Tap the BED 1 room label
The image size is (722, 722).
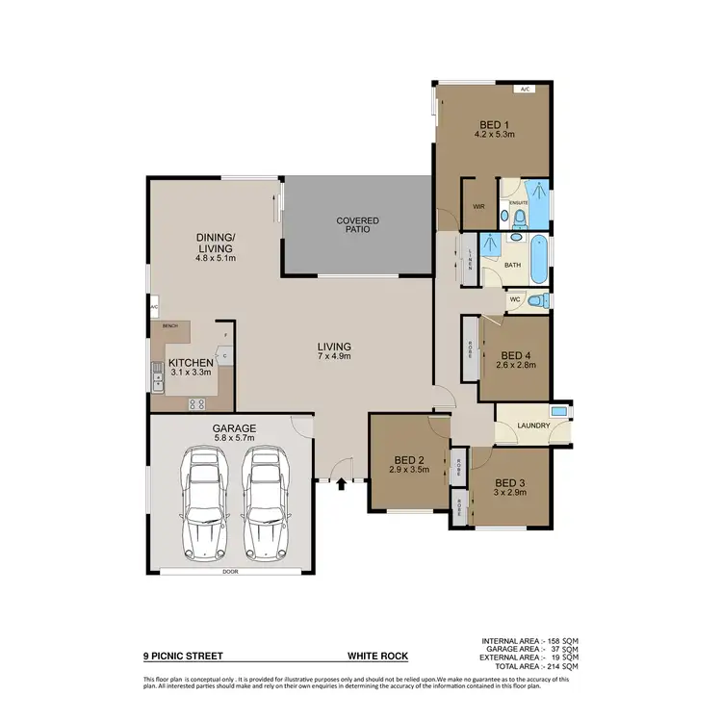click(x=495, y=124)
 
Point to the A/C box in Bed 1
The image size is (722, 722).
click(x=525, y=90)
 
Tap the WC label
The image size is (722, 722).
click(x=516, y=299)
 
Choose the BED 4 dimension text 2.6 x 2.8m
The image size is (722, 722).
click(x=516, y=365)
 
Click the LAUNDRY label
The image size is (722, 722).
click(x=532, y=425)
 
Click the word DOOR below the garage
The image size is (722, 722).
click(x=229, y=572)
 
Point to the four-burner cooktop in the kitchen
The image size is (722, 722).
click(x=198, y=404)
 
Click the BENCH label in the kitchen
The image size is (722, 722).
click(x=170, y=326)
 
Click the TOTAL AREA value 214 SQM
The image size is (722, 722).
click(x=560, y=666)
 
